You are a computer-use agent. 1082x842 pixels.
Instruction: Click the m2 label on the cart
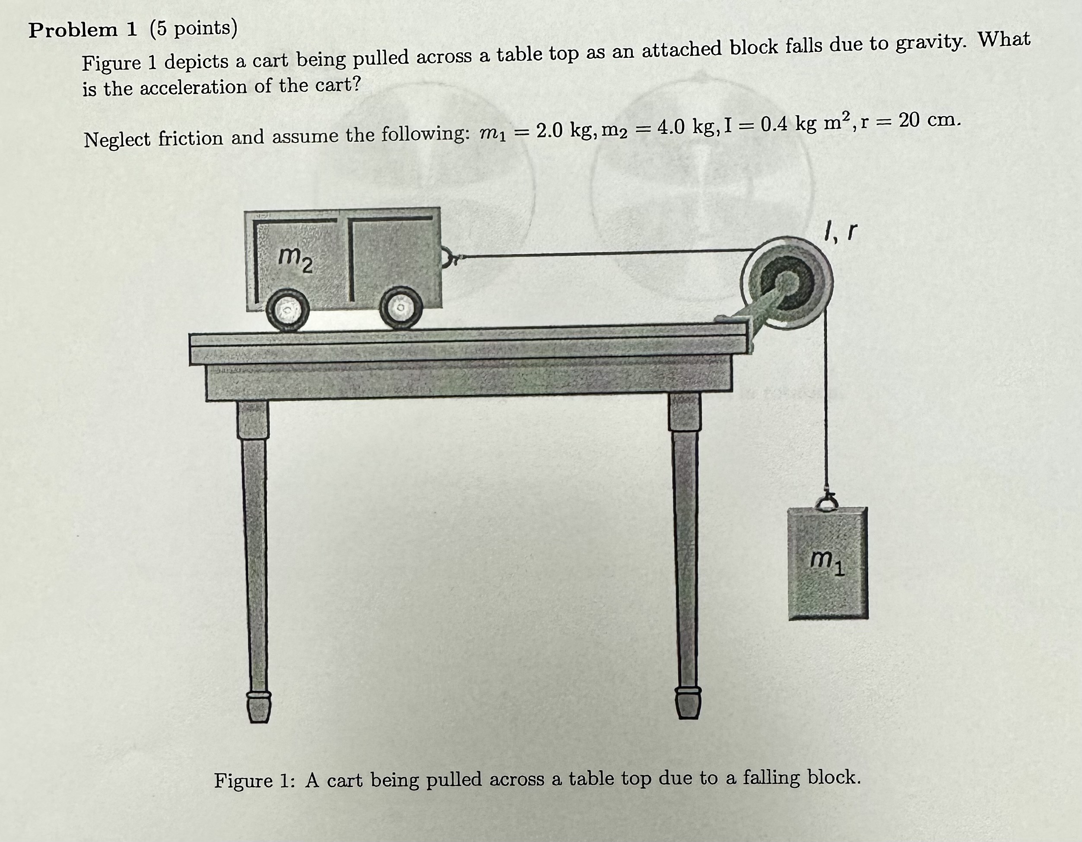(295, 261)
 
